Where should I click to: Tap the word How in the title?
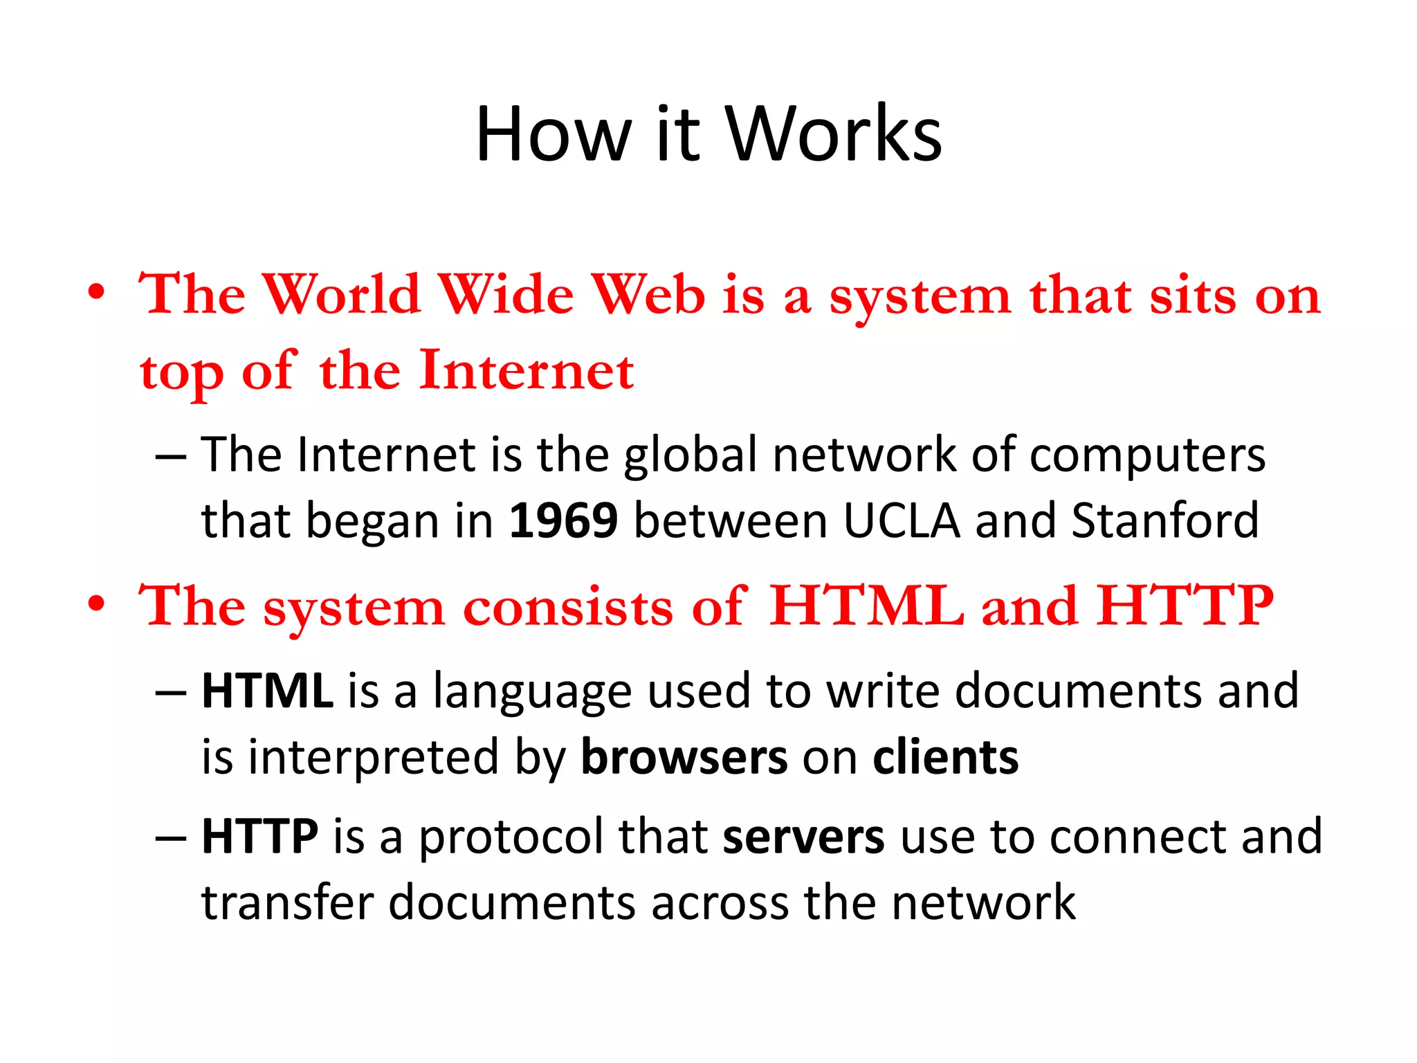[x=554, y=134]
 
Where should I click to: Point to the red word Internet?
[x=527, y=371]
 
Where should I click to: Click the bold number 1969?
[x=563, y=520]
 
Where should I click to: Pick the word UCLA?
[x=902, y=520]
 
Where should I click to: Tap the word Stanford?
[x=1165, y=520]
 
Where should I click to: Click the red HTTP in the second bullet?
[x=1185, y=606]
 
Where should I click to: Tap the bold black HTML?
[x=267, y=691]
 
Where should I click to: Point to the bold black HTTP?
[x=259, y=836]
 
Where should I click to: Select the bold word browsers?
[x=684, y=757]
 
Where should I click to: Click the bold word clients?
[x=945, y=757]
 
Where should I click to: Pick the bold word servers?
[x=803, y=836]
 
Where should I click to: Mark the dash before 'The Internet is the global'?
[x=170, y=457]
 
